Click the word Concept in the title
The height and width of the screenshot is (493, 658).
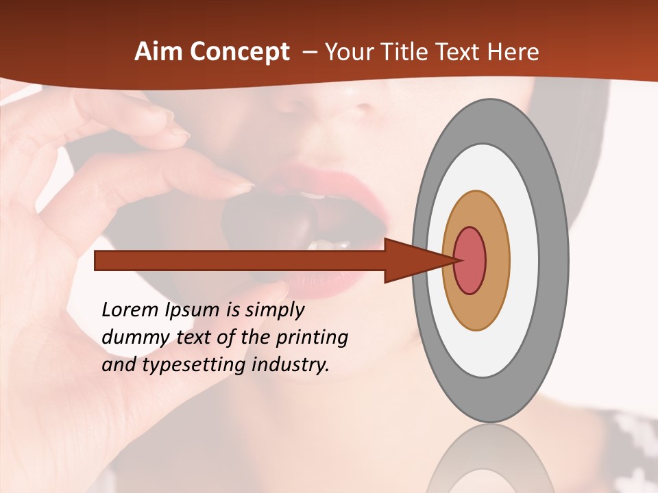pyautogui.click(x=239, y=53)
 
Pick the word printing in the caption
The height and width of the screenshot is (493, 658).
pyautogui.click(x=312, y=338)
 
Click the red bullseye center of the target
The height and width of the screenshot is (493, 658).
pyautogui.click(x=470, y=260)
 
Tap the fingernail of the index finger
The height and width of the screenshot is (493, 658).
pyautogui.click(x=236, y=184)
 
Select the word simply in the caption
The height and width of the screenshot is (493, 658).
pyautogui.click(x=274, y=310)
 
